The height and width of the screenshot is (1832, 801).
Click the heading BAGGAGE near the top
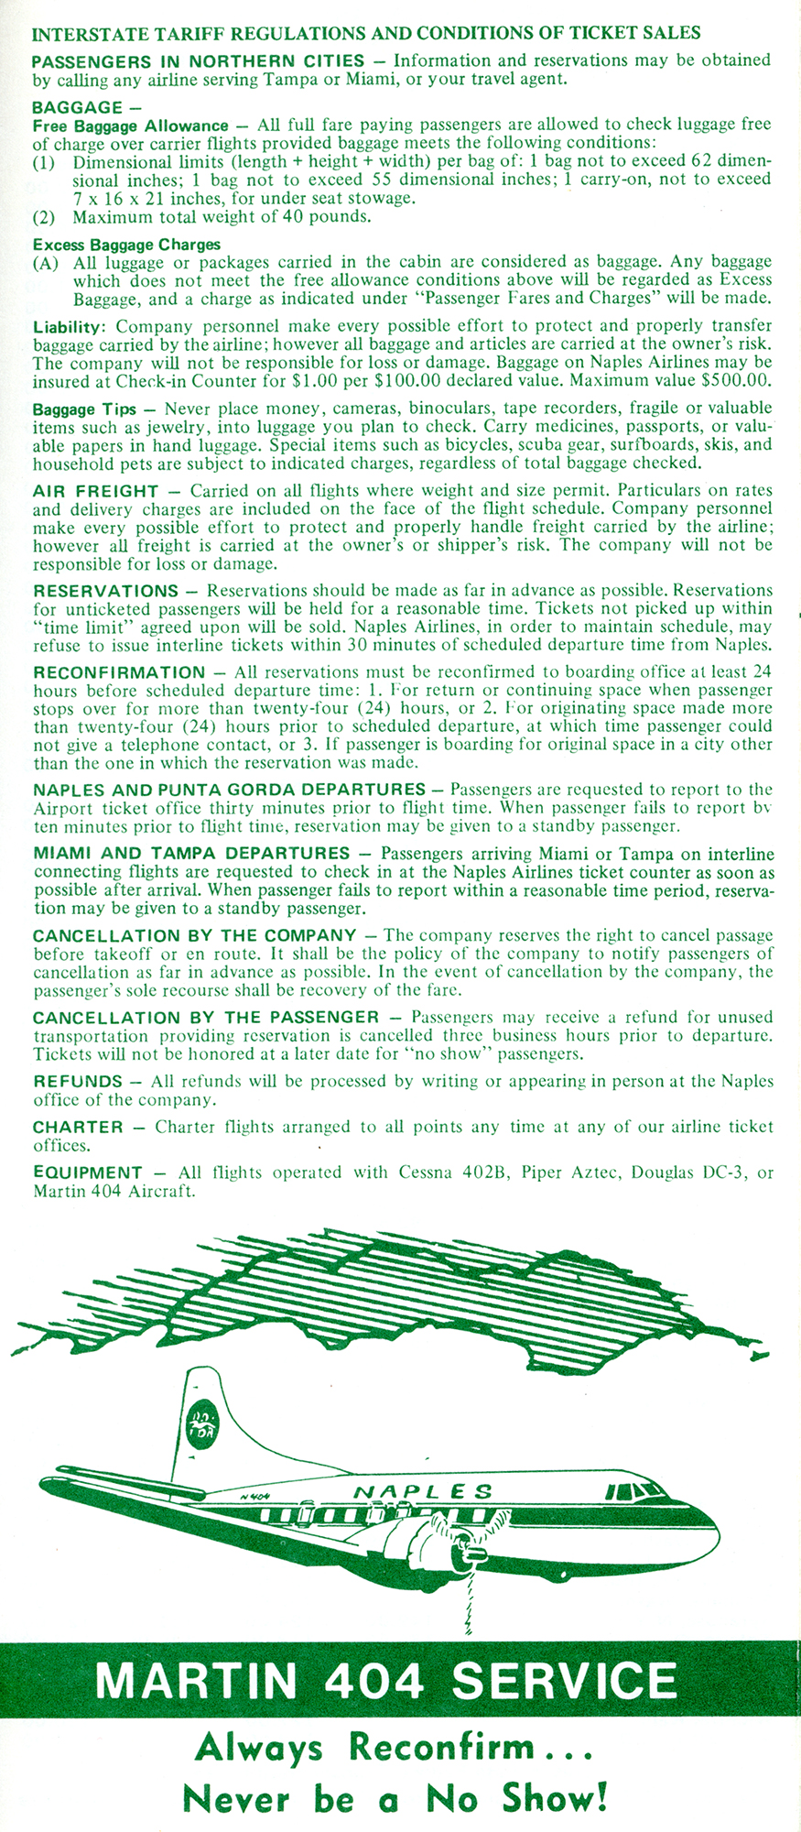(76, 107)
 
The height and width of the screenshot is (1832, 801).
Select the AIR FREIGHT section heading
(95, 491)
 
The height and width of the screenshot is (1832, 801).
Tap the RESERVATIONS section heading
(105, 591)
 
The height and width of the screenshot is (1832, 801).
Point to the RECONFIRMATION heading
(119, 672)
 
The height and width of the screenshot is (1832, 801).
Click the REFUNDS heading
(78, 1082)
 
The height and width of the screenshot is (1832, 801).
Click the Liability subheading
(70, 327)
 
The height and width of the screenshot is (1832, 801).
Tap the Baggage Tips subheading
(84, 409)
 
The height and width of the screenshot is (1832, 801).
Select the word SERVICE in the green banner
(563, 1682)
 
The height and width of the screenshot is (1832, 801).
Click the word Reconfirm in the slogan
(442, 1749)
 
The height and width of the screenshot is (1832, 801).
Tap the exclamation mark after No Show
(601, 1798)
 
